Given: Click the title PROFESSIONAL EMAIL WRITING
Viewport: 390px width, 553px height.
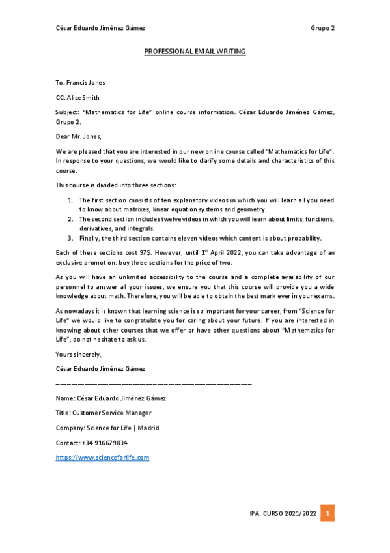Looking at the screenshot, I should (195, 51).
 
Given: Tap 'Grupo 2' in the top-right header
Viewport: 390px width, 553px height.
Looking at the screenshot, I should (322, 28).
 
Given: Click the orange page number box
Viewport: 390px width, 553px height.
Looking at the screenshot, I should (329, 513).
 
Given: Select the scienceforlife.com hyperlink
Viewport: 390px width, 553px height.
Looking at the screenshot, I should (102, 458).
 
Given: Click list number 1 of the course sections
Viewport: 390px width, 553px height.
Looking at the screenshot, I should (70, 200).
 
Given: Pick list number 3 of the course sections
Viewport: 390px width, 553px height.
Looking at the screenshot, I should (70, 238).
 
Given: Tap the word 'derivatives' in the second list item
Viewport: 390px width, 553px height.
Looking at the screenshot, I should (98, 229).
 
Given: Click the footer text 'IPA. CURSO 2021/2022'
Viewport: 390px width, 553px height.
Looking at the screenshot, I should (283, 514).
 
